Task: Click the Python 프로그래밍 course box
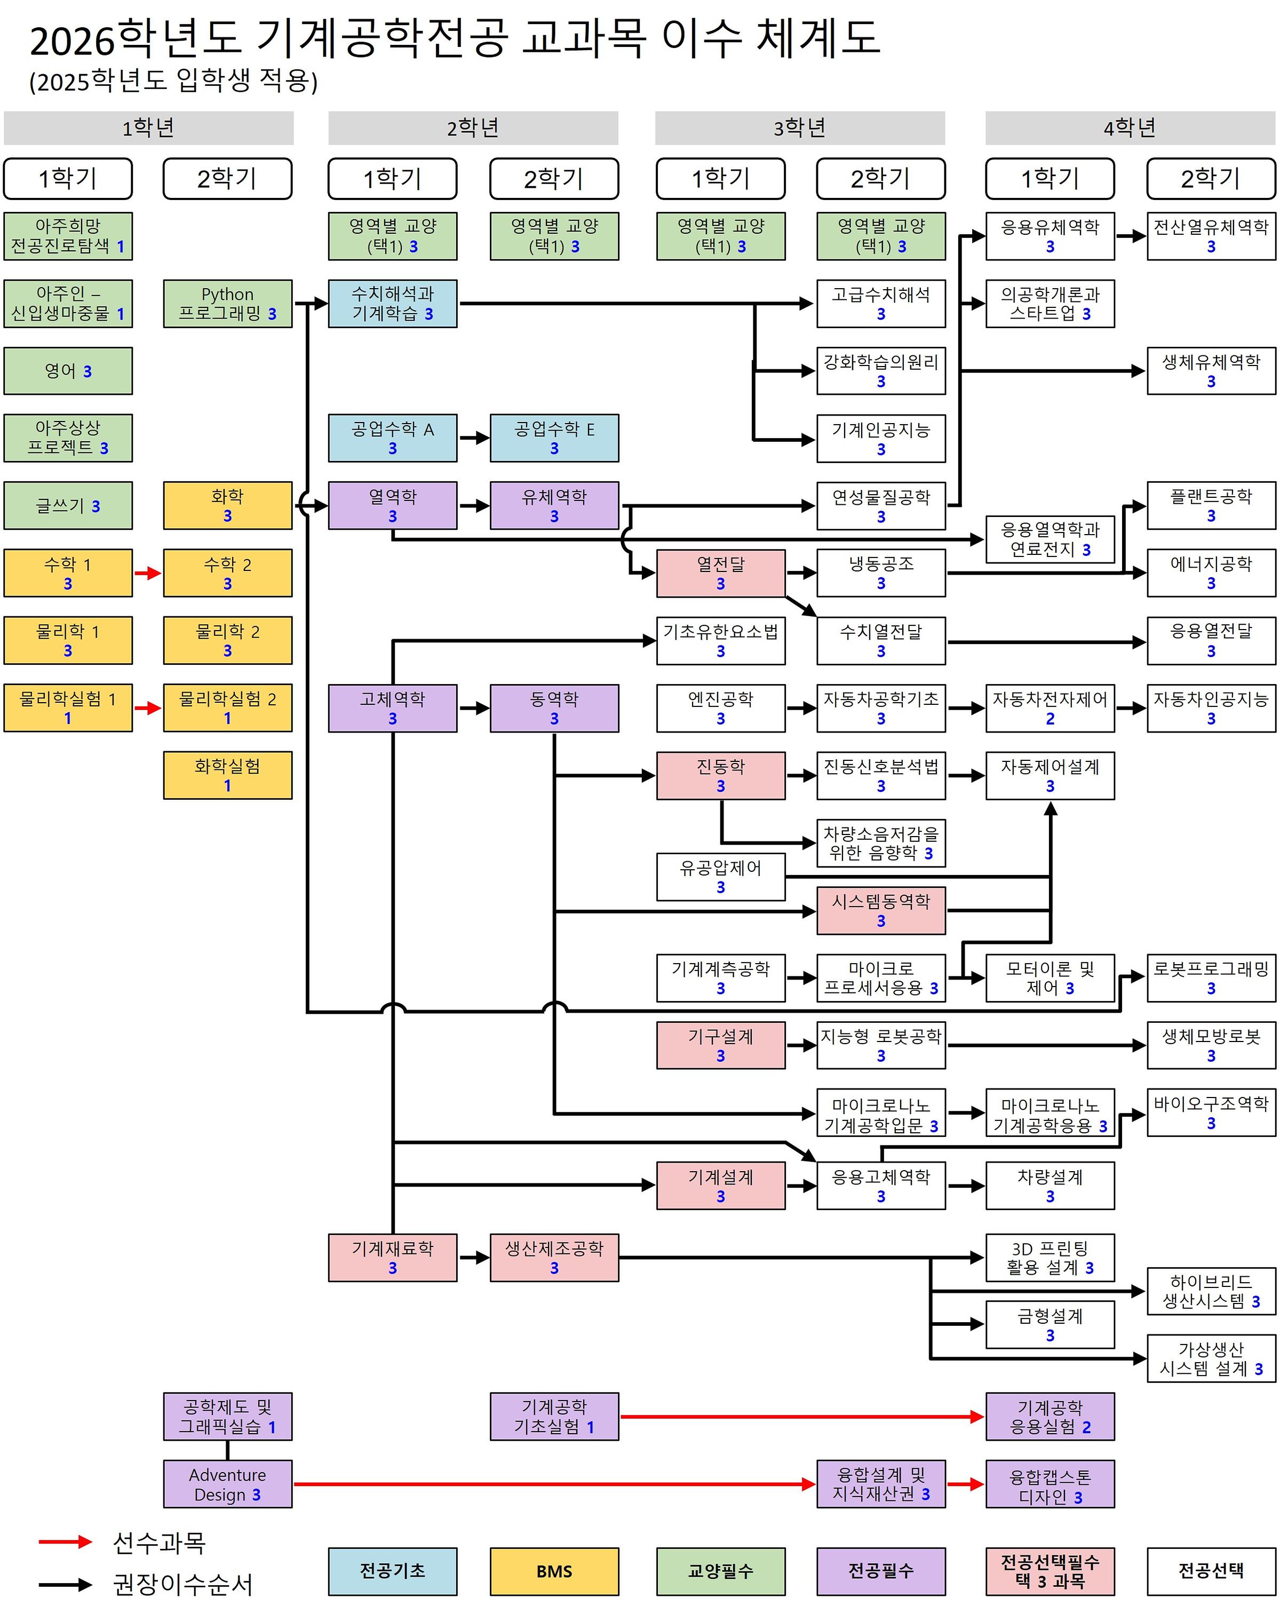[x=227, y=303]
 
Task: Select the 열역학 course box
[x=392, y=505]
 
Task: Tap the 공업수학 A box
[x=392, y=438]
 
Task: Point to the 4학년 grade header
[x=1130, y=128]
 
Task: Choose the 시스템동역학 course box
[x=880, y=910]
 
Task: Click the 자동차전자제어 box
[x=1050, y=708]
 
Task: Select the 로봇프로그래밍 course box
[x=1211, y=977]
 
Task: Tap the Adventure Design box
[x=227, y=1484]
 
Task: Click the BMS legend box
[x=554, y=1571]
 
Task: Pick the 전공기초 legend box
[x=392, y=1571]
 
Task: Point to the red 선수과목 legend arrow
[x=65, y=1541]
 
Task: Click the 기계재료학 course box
[x=392, y=1258]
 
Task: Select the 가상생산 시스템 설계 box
[x=1211, y=1359]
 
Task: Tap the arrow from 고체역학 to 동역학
[x=473, y=708]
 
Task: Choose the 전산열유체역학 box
[x=1211, y=236]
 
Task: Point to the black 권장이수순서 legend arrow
[x=65, y=1584]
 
